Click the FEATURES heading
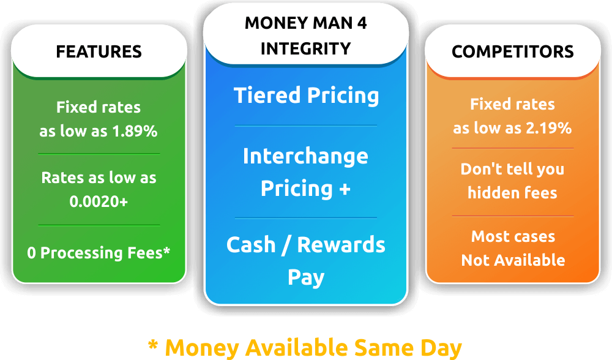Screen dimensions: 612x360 click(x=99, y=51)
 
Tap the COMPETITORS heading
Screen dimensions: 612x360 click(x=512, y=51)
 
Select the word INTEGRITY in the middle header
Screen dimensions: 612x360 click(x=305, y=49)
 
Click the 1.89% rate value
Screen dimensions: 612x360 click(x=135, y=131)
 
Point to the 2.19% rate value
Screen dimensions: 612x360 click(x=549, y=128)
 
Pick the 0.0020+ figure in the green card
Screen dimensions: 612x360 click(x=99, y=201)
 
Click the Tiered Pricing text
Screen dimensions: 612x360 click(x=307, y=96)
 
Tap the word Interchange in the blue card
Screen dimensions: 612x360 click(x=305, y=156)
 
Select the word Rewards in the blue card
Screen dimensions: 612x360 click(x=341, y=245)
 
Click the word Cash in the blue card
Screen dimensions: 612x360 click(x=251, y=245)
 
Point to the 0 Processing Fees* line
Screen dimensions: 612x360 click(x=99, y=253)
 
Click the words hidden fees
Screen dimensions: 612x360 click(x=512, y=193)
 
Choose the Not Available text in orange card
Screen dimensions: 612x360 click(x=513, y=260)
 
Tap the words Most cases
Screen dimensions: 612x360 click(x=513, y=236)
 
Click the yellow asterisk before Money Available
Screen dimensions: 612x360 click(x=153, y=345)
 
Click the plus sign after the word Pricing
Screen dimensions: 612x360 click(x=345, y=189)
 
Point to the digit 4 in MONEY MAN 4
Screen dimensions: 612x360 click(x=362, y=23)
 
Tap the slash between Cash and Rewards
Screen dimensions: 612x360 click(x=286, y=246)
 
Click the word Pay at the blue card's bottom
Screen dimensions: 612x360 click(x=306, y=277)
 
